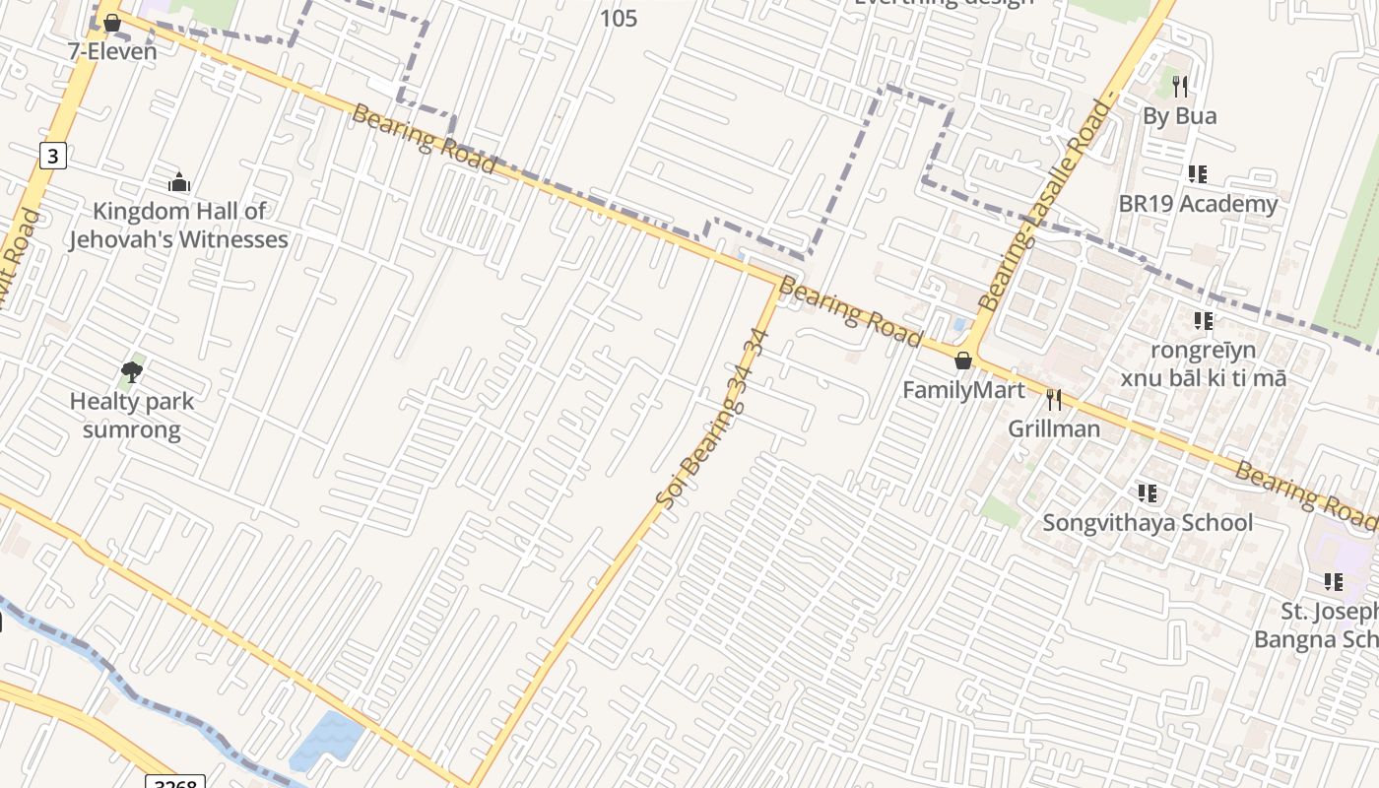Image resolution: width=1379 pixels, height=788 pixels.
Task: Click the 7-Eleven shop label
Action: [x=112, y=51]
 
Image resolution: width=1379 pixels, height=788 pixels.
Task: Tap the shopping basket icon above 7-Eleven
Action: [x=112, y=22]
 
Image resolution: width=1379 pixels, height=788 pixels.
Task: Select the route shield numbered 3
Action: [x=53, y=155]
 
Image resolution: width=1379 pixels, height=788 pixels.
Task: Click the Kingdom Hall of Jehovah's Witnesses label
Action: [x=178, y=225]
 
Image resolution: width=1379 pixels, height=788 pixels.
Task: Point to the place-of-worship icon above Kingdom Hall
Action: [x=178, y=182]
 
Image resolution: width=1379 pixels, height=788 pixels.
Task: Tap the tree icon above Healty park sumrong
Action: [x=132, y=371]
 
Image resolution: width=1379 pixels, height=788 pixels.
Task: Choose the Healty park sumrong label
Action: [x=132, y=416]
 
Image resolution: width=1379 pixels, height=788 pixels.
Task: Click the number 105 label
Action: [x=619, y=18]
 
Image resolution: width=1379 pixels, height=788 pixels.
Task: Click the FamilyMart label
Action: [x=963, y=390]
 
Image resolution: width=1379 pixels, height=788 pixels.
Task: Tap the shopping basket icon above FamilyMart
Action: [x=963, y=361]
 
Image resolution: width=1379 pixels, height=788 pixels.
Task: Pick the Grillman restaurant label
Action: [x=1054, y=428]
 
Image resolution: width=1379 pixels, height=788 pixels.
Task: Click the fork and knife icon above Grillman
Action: [x=1054, y=399]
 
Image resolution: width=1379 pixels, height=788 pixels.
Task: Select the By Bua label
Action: [x=1179, y=116]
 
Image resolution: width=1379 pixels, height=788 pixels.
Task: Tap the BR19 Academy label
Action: [x=1198, y=204]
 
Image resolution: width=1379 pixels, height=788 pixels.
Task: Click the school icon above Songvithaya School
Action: [x=1147, y=492]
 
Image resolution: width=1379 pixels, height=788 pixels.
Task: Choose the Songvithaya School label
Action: [x=1148, y=522]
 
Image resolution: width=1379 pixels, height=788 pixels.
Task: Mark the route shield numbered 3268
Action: [x=175, y=783]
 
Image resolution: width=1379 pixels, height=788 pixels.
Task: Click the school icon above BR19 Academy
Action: [x=1198, y=174]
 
